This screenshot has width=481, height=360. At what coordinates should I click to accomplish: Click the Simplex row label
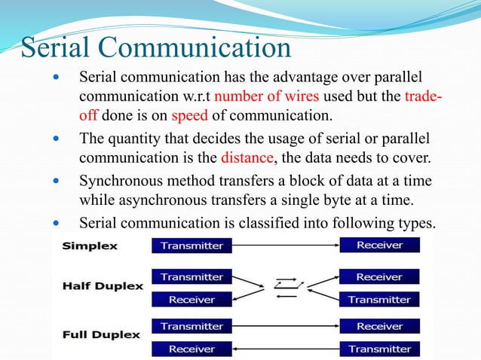[85, 246]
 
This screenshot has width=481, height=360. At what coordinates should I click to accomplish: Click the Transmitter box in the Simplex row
[192, 245]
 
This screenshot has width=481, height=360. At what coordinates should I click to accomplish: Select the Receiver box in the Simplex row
[379, 245]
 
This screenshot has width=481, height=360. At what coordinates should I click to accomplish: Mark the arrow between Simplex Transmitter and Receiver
[286, 245]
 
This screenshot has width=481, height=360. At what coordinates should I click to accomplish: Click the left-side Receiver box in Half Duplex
[192, 299]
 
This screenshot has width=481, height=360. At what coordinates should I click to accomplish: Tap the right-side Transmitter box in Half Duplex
[379, 299]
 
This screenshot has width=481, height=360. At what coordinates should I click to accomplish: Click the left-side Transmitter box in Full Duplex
[192, 326]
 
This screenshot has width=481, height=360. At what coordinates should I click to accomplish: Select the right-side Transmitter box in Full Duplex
[379, 349]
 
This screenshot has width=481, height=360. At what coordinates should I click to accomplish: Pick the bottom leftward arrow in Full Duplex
[286, 349]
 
